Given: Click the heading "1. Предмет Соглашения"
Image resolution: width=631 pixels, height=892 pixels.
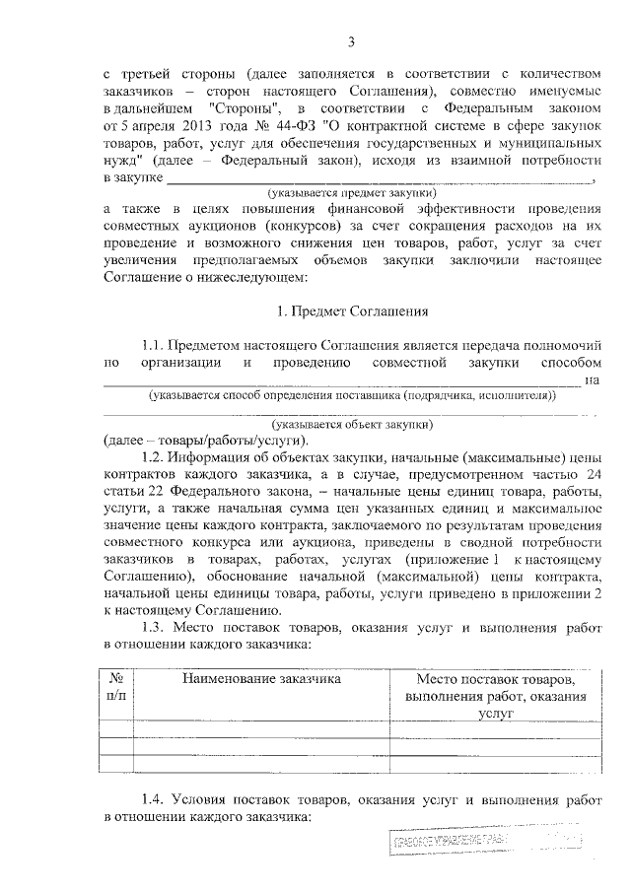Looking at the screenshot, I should click(x=351, y=311).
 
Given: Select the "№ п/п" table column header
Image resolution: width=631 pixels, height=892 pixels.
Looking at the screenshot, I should click(x=115, y=687).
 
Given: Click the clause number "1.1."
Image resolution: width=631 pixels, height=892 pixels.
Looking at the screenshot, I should click(x=155, y=345).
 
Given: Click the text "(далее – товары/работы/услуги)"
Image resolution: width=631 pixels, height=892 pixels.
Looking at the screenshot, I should click(x=206, y=439).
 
